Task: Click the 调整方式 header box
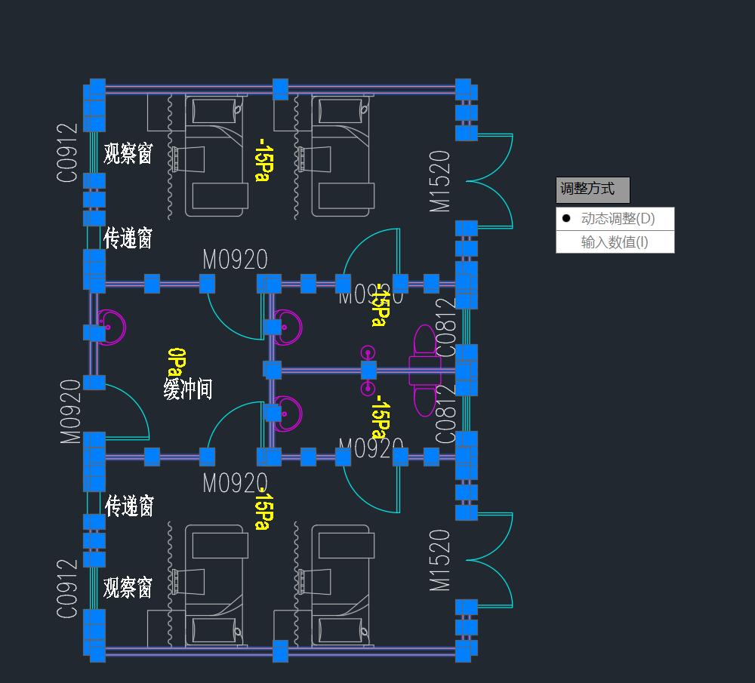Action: (x=593, y=189)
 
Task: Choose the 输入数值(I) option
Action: (x=615, y=242)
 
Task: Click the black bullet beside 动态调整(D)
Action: (x=566, y=219)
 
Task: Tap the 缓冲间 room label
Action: (x=187, y=389)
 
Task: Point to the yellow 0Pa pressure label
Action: (x=175, y=361)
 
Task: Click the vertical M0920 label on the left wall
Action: (x=70, y=411)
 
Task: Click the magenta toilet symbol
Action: (x=424, y=370)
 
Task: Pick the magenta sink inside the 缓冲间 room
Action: (x=111, y=327)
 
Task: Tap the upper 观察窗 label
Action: (x=128, y=154)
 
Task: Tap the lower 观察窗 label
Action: (x=128, y=587)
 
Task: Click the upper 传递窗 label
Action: (x=128, y=238)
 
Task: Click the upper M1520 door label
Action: (x=439, y=181)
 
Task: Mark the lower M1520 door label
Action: (x=439, y=560)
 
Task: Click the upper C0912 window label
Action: (x=67, y=152)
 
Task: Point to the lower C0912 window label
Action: (x=67, y=589)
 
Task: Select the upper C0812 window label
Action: (x=446, y=334)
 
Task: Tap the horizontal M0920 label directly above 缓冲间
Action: (x=235, y=260)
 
